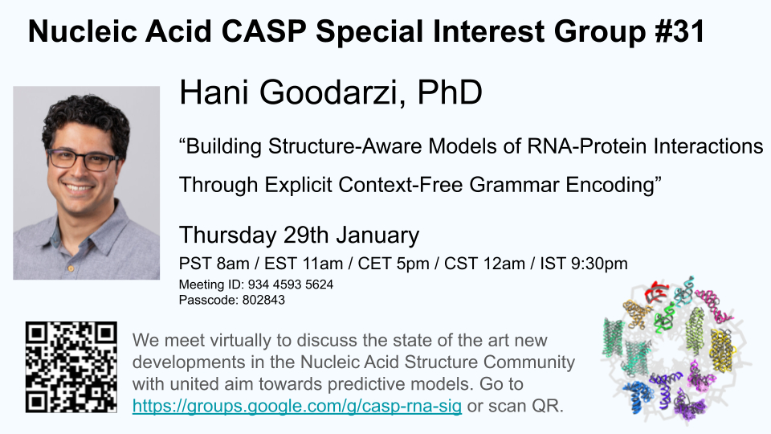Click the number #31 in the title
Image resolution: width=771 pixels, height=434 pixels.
pyautogui.click(x=679, y=31)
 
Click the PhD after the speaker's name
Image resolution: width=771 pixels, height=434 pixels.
pyautogui.click(x=450, y=92)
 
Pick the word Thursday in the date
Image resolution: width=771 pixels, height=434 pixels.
pyautogui.click(x=227, y=235)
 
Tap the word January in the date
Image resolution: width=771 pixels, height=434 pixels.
pyautogui.click(x=377, y=235)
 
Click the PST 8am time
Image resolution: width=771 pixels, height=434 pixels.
pyautogui.click(x=214, y=264)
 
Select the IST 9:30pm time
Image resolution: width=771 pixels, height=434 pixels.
pyautogui.click(x=584, y=264)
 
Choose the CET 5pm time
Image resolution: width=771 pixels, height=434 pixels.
pyautogui.click(x=394, y=264)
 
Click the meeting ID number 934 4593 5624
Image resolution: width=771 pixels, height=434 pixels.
pyautogui.click(x=291, y=285)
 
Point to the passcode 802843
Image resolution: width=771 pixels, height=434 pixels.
pyautogui.click(x=263, y=300)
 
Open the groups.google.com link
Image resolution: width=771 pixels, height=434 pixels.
pyautogui.click(x=297, y=406)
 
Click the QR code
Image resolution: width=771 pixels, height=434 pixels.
pyautogui.click(x=71, y=367)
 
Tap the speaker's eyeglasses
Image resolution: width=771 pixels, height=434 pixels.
pyautogui.click(x=83, y=159)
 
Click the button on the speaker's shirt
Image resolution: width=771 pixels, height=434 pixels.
pyautogui.click(x=71, y=268)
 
